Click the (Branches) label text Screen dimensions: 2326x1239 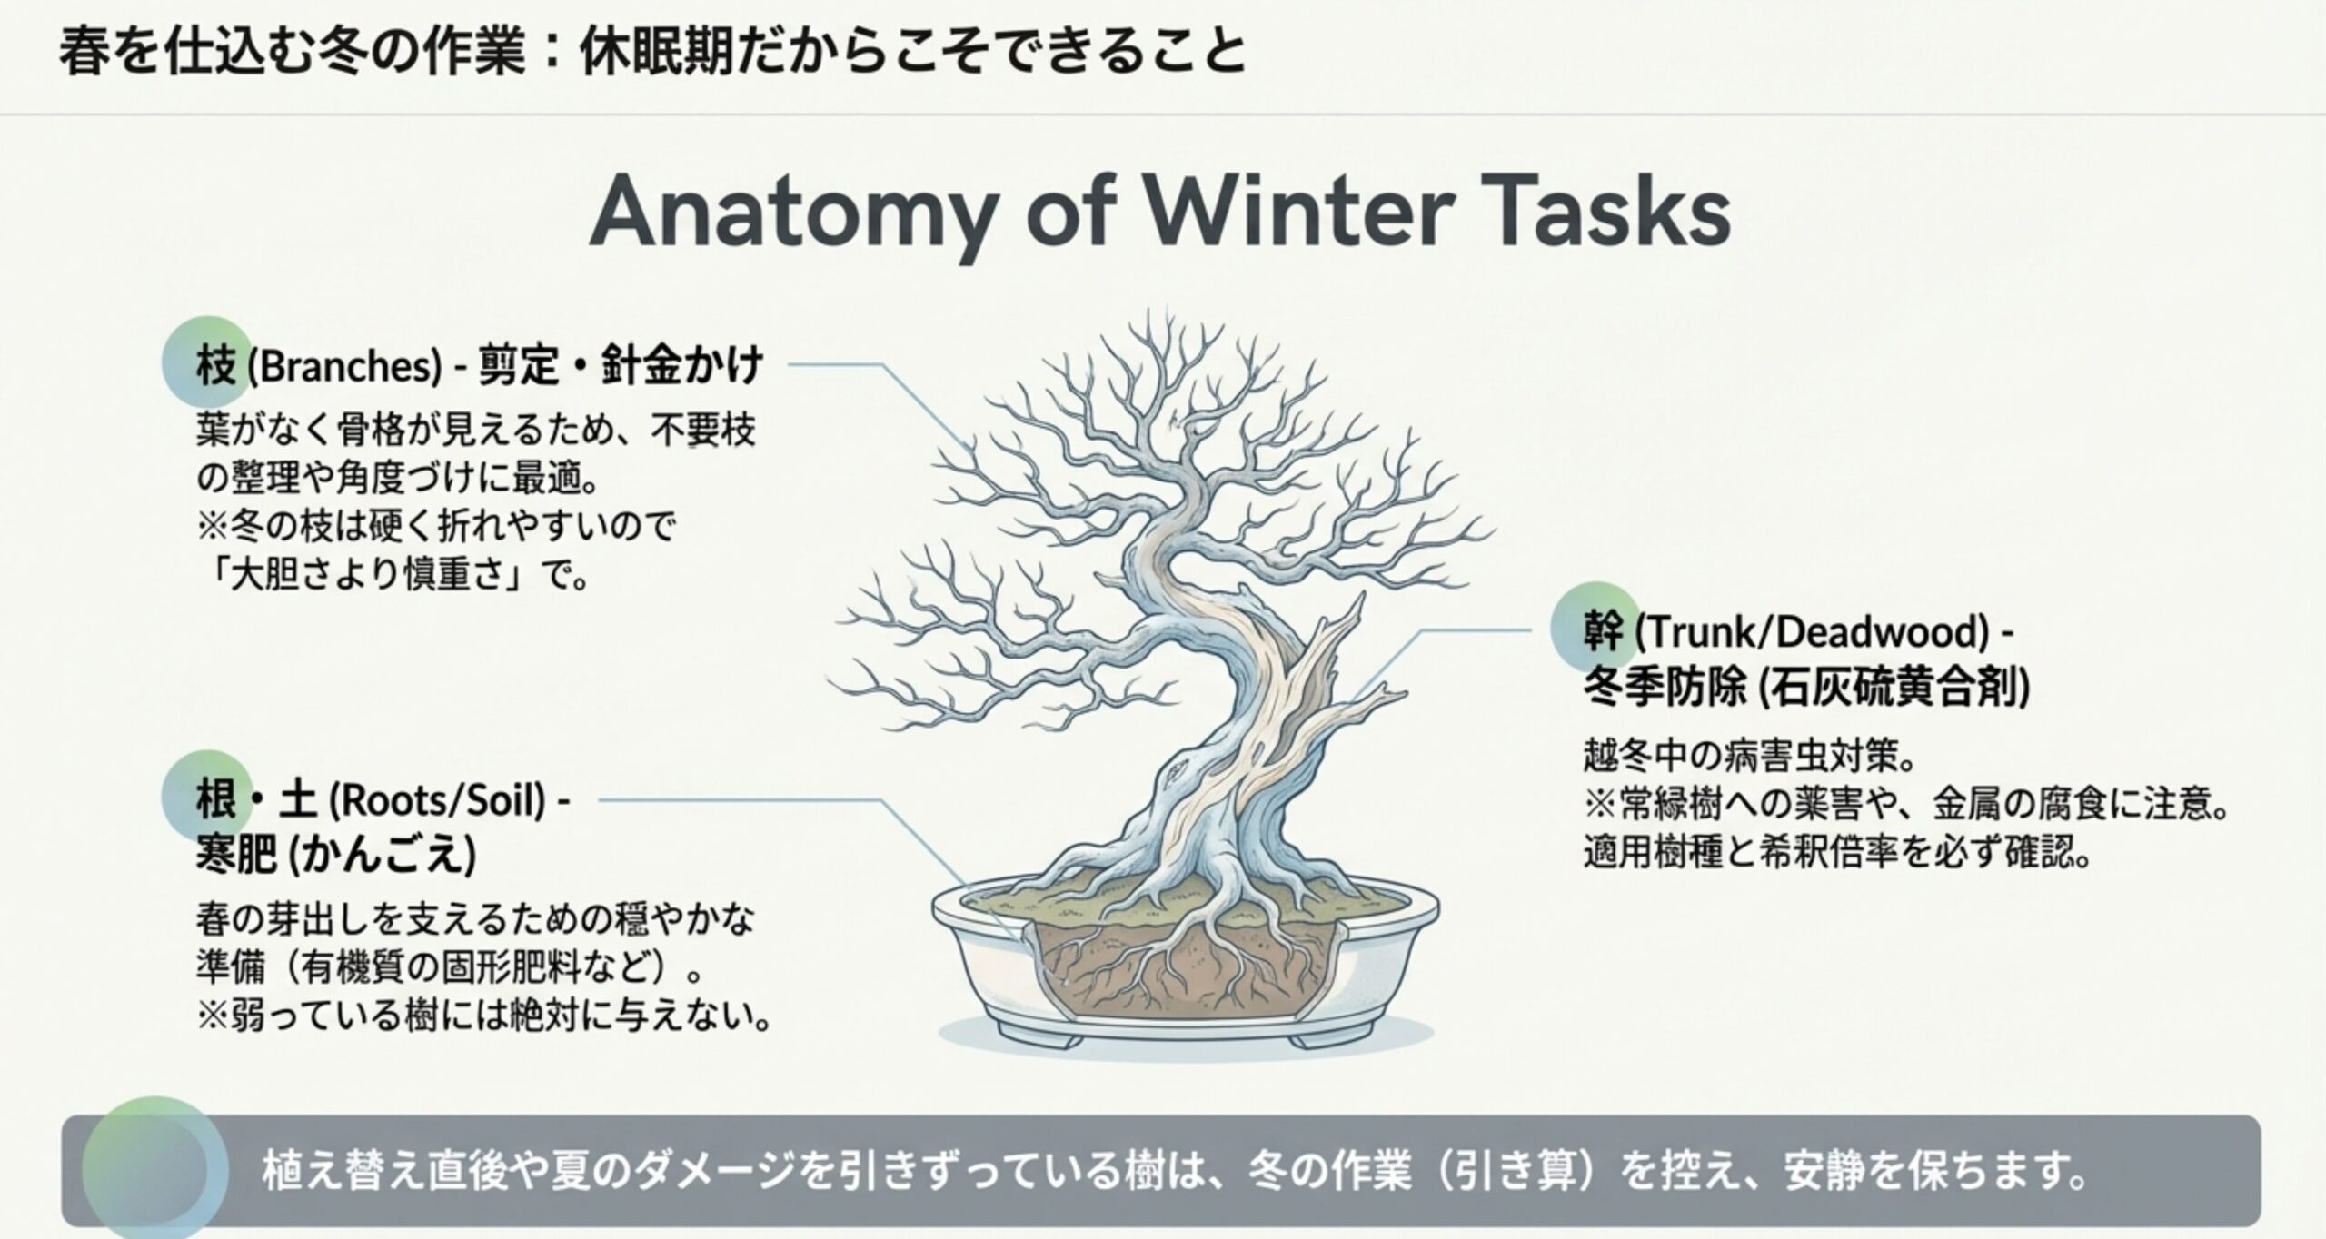pos(344,367)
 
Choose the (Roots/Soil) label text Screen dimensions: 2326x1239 pos(437,801)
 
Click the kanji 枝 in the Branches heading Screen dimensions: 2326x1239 pos(216,366)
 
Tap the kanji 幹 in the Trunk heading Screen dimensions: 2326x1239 pos(1604,631)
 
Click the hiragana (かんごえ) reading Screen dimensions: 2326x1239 pos(383,855)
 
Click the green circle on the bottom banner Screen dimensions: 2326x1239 pos(155,1169)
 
